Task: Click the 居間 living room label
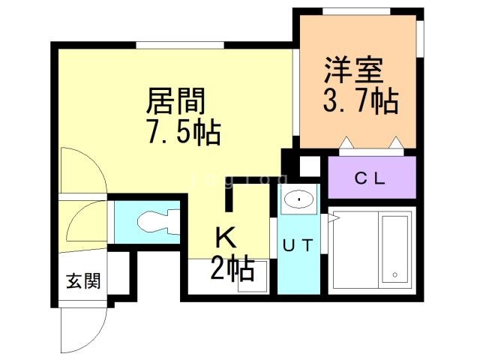pos(176,99)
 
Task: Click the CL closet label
pos(370,178)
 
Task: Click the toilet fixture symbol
pos(154,220)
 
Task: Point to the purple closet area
pos(371,178)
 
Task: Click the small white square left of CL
pos(309,166)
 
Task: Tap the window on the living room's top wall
pos(180,46)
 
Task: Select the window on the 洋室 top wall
pos(355,10)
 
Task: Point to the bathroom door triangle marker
pos(333,218)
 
